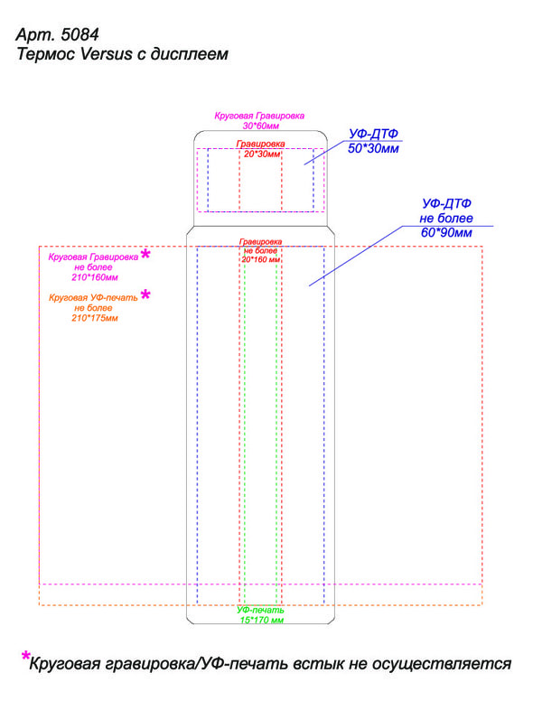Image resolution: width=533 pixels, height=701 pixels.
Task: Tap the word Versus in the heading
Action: [107, 53]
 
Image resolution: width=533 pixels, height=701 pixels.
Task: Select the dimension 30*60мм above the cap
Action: [261, 126]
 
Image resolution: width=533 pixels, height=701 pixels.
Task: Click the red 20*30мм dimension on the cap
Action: [262, 154]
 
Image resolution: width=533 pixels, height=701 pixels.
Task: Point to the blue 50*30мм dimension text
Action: [373, 148]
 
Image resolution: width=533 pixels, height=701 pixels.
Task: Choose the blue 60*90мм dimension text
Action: [446, 232]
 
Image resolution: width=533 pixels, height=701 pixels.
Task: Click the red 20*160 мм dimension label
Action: [261, 259]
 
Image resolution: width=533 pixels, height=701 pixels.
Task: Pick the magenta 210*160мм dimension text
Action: [95, 277]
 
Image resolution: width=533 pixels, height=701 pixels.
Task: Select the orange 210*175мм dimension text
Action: [95, 318]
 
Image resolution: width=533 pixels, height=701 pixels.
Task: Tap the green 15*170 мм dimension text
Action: [262, 620]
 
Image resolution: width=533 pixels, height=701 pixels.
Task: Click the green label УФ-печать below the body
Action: [260, 611]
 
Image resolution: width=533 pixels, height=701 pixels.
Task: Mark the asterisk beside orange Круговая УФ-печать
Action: [145, 294]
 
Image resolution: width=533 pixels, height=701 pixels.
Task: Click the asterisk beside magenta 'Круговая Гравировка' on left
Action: [145, 255]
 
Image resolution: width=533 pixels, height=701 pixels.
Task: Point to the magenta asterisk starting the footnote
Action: [25, 657]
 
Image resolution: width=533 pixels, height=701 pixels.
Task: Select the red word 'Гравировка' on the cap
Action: [261, 144]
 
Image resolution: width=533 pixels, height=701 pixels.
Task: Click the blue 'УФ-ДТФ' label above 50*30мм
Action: [373, 134]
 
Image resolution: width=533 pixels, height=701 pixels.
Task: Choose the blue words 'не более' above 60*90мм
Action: [445, 219]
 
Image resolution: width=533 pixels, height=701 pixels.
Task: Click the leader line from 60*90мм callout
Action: [356, 256]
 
